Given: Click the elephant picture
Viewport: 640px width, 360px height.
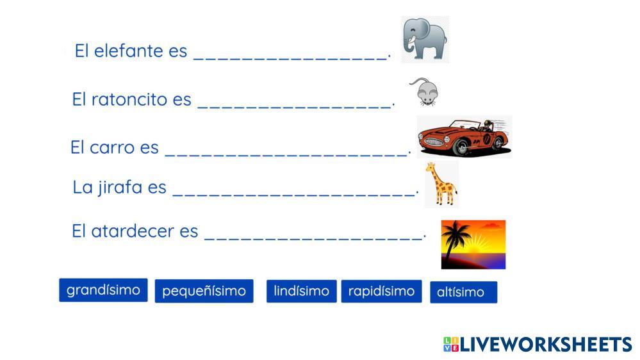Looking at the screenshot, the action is tap(425, 40).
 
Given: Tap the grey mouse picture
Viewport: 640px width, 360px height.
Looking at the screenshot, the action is tap(425, 92).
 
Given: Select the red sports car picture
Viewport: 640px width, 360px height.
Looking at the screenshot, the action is tap(464, 136).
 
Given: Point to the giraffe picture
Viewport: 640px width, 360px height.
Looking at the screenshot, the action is tap(441, 184).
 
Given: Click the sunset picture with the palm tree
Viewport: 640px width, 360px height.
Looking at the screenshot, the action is tap(473, 245).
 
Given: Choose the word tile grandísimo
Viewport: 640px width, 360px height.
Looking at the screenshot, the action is tap(103, 290).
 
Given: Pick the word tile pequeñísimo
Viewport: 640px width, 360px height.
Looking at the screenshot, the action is tap(204, 291).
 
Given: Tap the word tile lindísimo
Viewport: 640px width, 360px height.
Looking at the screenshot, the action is tap(302, 291).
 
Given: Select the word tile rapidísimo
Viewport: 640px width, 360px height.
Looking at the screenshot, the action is tap(382, 291).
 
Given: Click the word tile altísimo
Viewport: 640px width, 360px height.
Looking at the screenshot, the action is tap(464, 292).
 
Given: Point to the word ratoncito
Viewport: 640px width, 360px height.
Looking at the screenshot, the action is tap(129, 99).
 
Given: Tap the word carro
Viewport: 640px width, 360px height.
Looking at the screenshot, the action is tap(112, 147).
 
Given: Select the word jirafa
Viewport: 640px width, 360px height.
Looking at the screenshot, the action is tap(120, 188).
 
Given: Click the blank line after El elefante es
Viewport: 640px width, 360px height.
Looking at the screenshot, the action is tap(290, 60).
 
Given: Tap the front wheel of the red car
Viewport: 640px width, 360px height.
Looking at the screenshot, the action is tap(462, 147).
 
